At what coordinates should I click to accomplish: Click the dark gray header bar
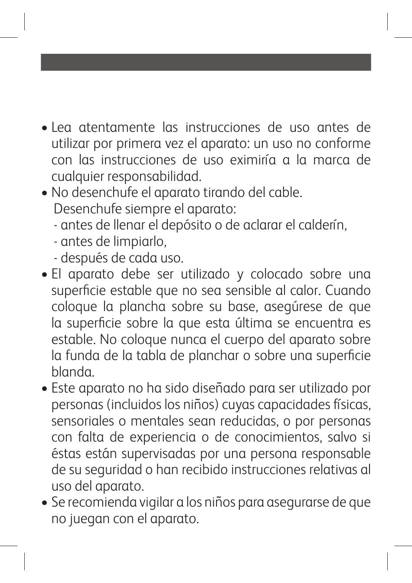(206, 62)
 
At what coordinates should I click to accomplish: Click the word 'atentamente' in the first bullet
(117, 128)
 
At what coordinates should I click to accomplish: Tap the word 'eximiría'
(248, 160)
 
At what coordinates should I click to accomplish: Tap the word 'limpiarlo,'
(135, 242)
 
